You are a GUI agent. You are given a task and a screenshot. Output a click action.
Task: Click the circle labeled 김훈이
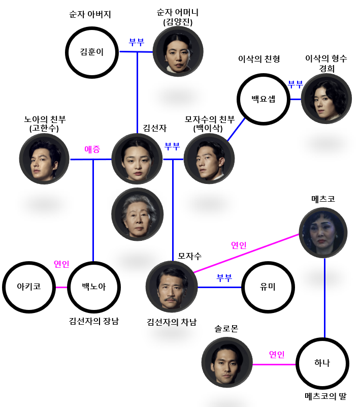[x=92, y=52]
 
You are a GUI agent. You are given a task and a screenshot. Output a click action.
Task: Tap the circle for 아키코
[x=28, y=287]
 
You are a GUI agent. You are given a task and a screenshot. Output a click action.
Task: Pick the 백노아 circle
[x=94, y=287]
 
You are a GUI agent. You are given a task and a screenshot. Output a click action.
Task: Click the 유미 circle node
[x=268, y=287]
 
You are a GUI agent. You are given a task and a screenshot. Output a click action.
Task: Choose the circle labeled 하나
[x=322, y=363]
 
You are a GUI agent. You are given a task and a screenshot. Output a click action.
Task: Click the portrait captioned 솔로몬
[x=227, y=362]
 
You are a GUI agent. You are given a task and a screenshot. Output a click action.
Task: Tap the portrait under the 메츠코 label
[x=323, y=233]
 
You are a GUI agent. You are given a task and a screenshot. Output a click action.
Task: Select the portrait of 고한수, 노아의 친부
[x=45, y=159]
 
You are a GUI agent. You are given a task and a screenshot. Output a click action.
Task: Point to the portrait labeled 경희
[x=326, y=99]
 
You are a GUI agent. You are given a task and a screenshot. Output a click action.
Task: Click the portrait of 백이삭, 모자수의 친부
[x=209, y=159]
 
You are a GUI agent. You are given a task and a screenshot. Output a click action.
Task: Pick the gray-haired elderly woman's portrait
[x=137, y=215]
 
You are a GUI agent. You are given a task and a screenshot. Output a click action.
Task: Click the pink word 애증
[x=92, y=149]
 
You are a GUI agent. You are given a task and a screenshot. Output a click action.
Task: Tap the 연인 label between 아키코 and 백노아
[x=61, y=264]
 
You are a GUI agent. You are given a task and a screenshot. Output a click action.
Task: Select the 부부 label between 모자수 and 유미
[x=224, y=278]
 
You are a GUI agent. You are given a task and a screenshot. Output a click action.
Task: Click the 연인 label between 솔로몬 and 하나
[x=277, y=354]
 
